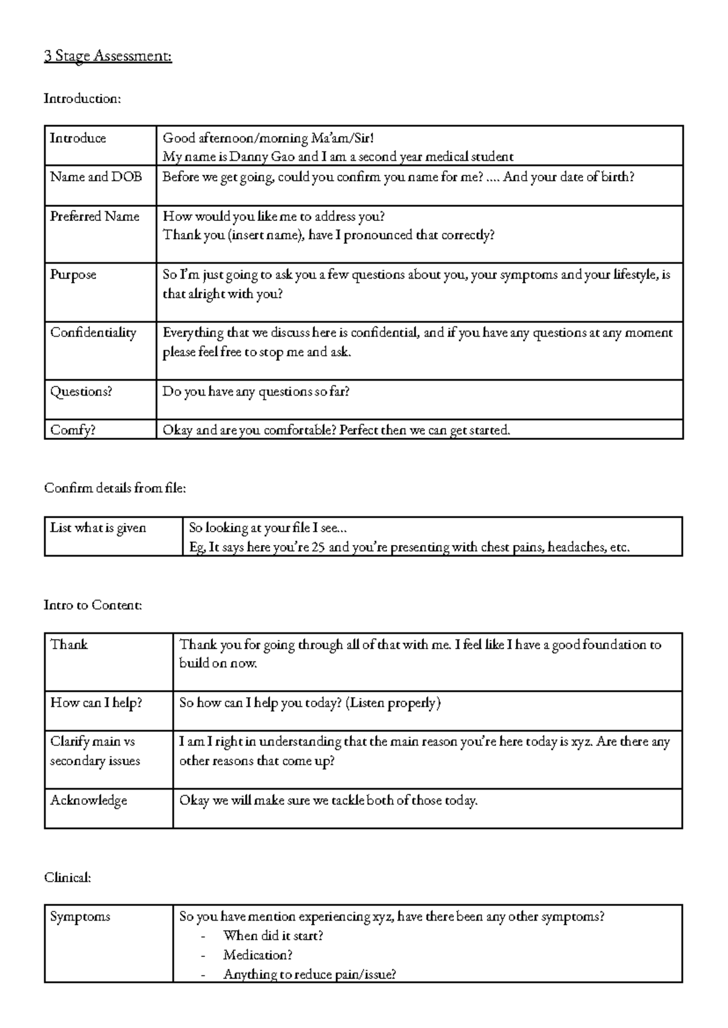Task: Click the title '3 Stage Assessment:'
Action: click(x=108, y=56)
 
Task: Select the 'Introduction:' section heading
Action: click(x=83, y=98)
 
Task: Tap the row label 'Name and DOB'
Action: click(x=96, y=177)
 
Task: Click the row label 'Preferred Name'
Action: click(x=95, y=217)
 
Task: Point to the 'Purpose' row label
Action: click(x=73, y=275)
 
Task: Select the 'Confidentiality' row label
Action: click(x=93, y=333)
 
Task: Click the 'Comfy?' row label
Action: click(x=73, y=430)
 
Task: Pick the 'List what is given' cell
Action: click(x=98, y=528)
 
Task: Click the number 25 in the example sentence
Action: click(x=318, y=547)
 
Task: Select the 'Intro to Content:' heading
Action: click(x=93, y=605)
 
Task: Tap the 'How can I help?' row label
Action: click(x=96, y=703)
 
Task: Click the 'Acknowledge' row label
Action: click(x=89, y=800)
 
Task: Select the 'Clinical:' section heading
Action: click(x=67, y=878)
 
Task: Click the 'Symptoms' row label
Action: click(x=80, y=916)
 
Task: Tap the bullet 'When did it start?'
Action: click(x=273, y=936)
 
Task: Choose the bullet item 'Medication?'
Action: click(x=258, y=955)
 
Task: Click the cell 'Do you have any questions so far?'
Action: click(x=256, y=392)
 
